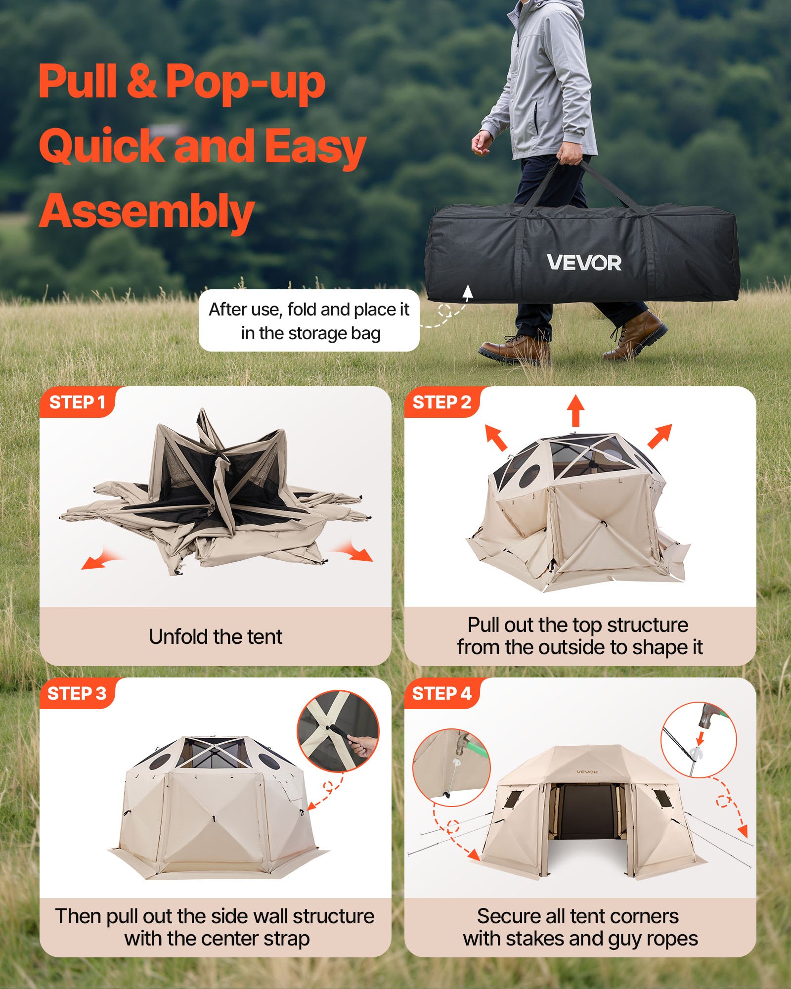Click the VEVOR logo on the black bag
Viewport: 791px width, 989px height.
(584, 263)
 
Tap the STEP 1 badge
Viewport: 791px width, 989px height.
(77, 403)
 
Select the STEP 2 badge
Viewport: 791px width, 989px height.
(441, 403)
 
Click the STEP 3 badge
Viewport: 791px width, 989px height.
(77, 694)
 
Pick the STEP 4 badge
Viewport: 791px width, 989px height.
(441, 694)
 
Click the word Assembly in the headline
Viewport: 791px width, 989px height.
(146, 212)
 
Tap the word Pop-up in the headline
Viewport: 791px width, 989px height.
(245, 82)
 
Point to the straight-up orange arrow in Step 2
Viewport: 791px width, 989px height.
(575, 410)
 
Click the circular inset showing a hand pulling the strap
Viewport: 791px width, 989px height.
(338, 731)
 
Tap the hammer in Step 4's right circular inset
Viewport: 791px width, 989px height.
(711, 717)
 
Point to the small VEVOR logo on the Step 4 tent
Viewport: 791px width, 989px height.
(587, 771)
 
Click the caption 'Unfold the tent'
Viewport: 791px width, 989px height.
(216, 637)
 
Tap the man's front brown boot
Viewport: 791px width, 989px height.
(514, 349)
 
